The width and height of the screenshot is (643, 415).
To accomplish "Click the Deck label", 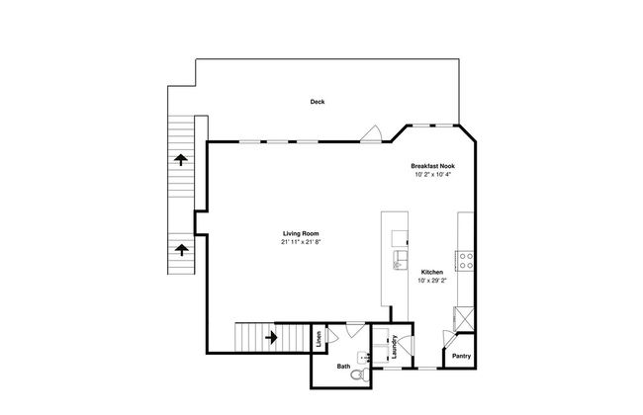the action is point(317,102).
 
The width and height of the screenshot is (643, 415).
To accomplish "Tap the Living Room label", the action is point(301,233).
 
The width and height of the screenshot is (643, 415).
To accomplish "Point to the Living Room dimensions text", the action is point(301,242).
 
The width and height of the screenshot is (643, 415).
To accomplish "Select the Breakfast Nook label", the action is point(432,166).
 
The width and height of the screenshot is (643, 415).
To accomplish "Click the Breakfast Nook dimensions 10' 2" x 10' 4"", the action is point(432,174).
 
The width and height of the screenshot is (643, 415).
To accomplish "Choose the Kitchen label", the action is point(432,272).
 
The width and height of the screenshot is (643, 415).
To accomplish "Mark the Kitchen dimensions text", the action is point(432,281).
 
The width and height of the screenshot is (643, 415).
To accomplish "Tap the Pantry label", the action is point(461,356).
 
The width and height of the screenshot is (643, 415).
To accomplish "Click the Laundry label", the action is point(395,347).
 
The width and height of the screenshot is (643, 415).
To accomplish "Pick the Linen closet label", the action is point(319,338).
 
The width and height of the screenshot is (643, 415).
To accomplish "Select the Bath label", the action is point(343,367).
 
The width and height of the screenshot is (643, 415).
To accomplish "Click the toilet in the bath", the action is point(360,374).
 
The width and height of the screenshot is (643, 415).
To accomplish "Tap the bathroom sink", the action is point(363,358).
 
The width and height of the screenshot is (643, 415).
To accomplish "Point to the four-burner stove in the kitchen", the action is point(466,261).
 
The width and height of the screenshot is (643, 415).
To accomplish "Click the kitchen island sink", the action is point(400,261).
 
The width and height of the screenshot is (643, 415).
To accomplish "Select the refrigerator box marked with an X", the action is point(464,318).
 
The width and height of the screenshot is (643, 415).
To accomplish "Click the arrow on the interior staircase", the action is point(271,338).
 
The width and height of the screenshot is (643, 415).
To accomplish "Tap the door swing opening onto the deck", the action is point(372,133).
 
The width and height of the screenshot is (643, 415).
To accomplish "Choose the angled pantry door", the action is point(449,340).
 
